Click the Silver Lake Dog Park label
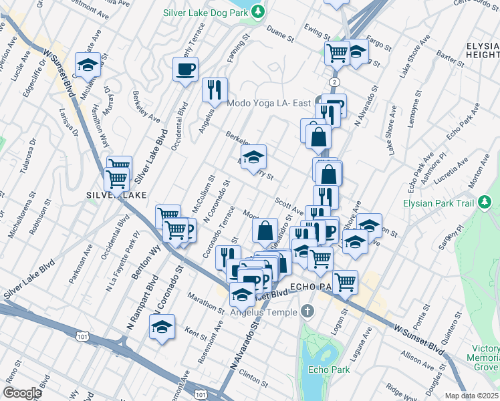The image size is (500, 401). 205,13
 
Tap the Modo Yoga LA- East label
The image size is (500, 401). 269,103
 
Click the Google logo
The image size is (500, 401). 22,392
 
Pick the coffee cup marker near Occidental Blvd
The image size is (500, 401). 185,68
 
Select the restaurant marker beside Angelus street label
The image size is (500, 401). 215,90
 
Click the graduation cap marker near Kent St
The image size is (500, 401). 162,327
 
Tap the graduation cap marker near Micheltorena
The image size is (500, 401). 88,64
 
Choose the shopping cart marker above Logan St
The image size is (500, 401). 345,281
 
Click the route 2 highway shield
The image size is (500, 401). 333,81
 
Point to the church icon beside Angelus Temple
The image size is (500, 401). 307,311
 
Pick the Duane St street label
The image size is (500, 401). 280,31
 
